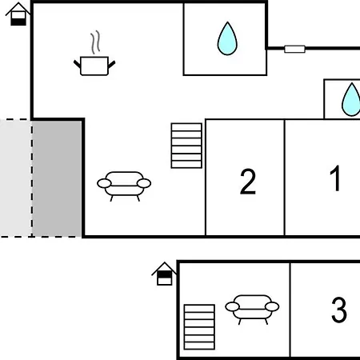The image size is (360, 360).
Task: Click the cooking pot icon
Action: click(94, 66)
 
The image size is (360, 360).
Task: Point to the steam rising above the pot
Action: click(95, 42)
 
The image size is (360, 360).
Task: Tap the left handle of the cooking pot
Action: click(77, 64)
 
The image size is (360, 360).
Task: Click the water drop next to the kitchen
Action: click(227, 38)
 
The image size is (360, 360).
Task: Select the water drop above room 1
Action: click(351, 100)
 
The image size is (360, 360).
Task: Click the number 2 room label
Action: click(248, 182)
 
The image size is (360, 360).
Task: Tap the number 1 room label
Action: click(335, 178)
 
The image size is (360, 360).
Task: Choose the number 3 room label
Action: click(339, 310)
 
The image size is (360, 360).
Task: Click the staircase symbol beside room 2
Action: click(186, 146)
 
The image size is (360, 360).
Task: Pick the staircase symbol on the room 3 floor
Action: click(199, 327)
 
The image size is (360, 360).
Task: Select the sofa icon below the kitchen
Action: click(124, 186)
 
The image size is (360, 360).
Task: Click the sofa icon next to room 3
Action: click(252, 310)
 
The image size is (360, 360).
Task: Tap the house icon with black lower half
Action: click(18, 14)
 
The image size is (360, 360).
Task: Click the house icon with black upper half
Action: click(164, 274)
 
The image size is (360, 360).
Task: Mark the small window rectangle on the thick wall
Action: click(294, 49)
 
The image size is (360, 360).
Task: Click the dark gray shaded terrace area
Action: click(57, 178)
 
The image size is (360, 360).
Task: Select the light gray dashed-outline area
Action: click(16, 178)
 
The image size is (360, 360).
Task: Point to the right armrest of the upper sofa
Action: click(144, 183)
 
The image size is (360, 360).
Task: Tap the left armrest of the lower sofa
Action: click(232, 306)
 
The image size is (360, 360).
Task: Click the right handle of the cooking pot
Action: click(112, 64)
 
